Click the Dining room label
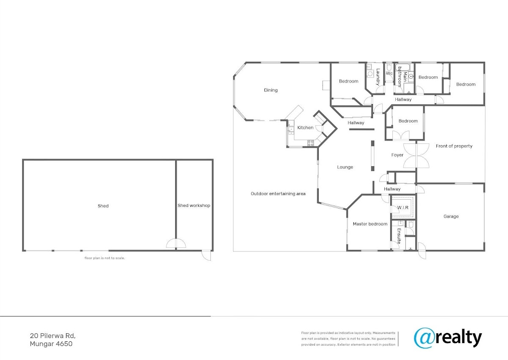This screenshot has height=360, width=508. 271,90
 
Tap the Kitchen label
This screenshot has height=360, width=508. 305,128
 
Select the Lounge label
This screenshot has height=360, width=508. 345,167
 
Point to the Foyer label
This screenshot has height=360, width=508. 398,155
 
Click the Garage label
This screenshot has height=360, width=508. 451,216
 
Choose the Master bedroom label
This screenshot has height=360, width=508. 370,224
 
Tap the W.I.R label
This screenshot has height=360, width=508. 403,208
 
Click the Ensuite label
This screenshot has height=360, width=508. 399,236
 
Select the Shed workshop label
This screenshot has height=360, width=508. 194,206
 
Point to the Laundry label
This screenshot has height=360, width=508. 378,77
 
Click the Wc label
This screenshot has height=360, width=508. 389,73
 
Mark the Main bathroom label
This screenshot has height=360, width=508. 402,77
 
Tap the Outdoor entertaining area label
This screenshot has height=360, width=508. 278,194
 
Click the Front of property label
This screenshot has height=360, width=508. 454,146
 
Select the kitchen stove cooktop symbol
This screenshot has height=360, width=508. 311,143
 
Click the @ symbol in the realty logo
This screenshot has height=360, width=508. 424,338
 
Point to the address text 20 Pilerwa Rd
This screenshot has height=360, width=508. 52,336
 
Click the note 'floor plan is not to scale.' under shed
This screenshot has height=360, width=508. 105,258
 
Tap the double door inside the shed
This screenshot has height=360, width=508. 176,243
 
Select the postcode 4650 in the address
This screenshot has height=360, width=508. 64,344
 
